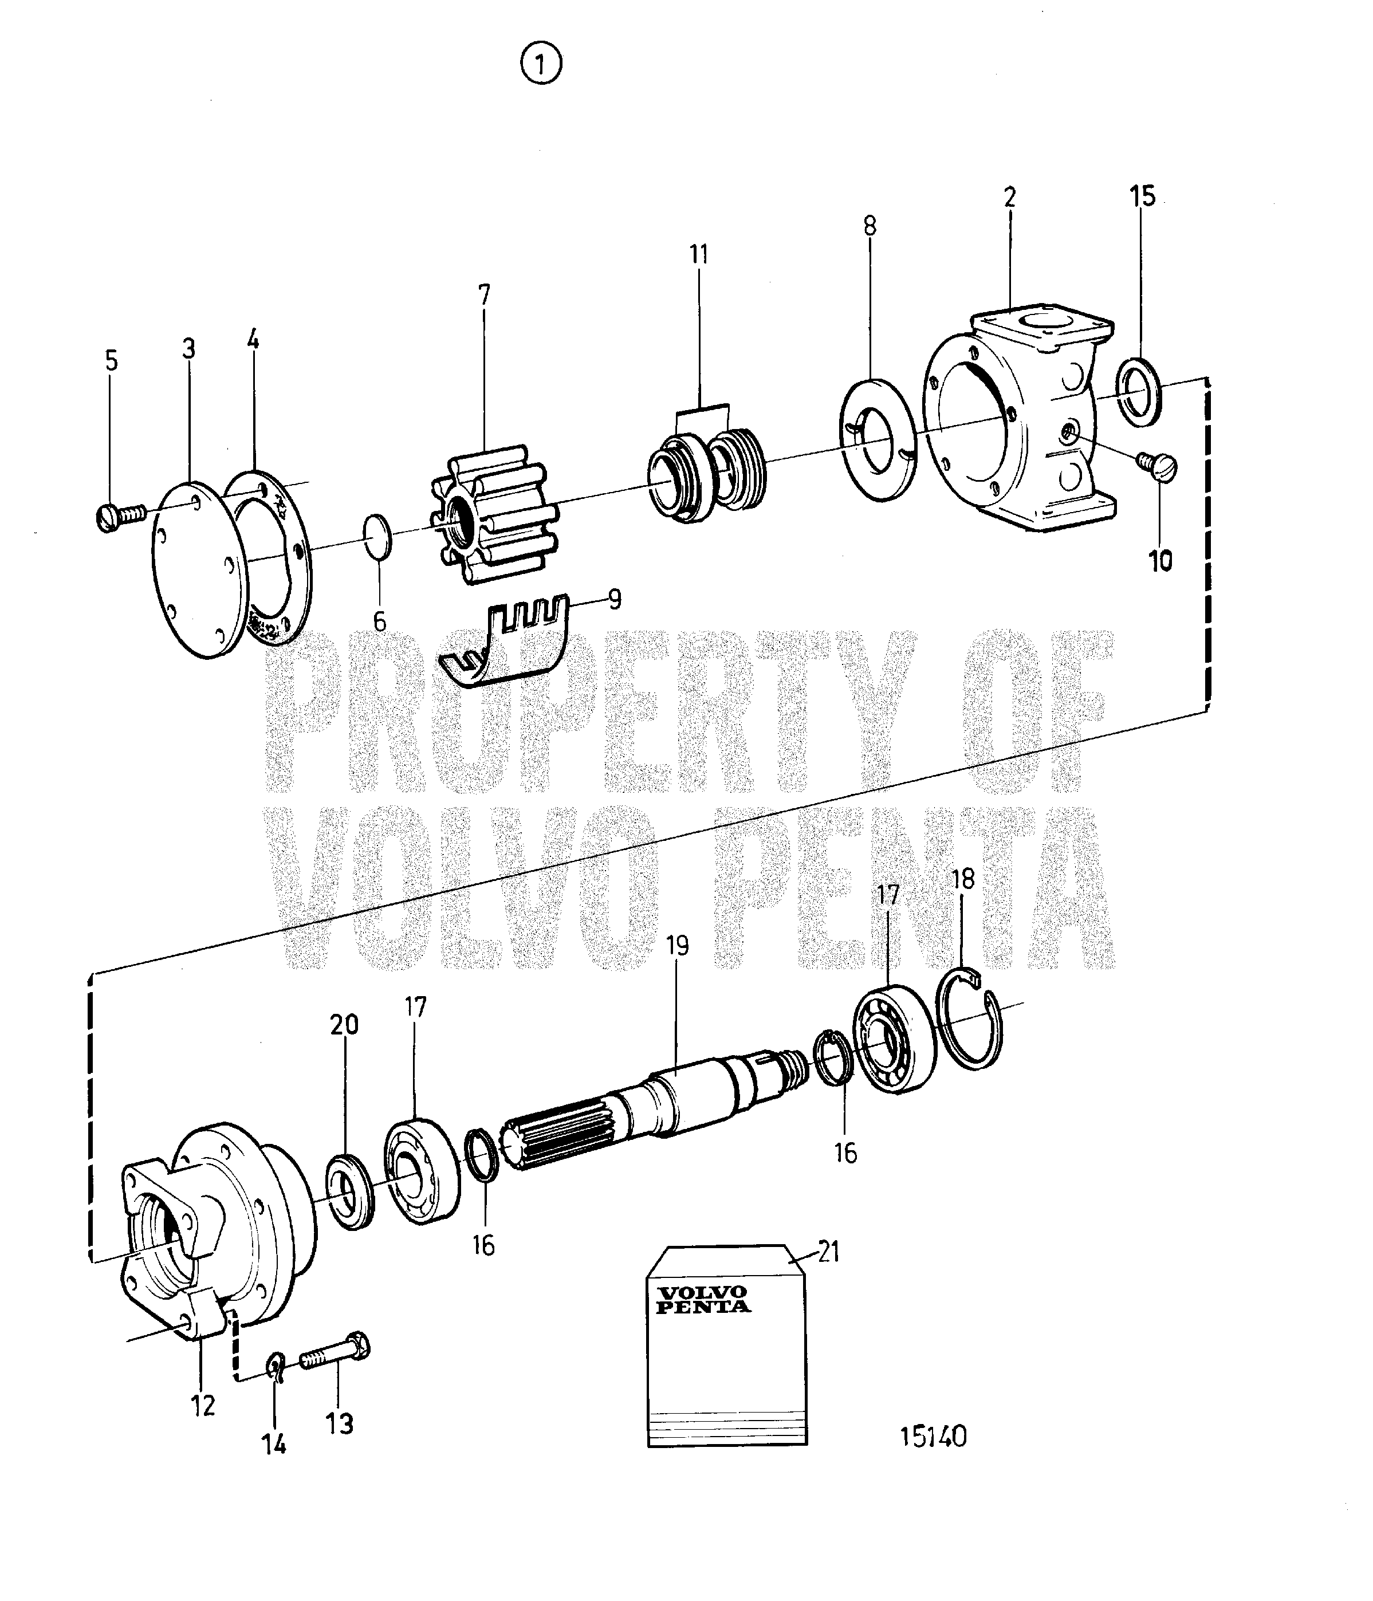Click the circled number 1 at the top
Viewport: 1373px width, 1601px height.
point(542,65)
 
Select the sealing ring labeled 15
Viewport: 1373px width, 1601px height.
point(1139,392)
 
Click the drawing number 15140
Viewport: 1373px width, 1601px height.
point(933,1435)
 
